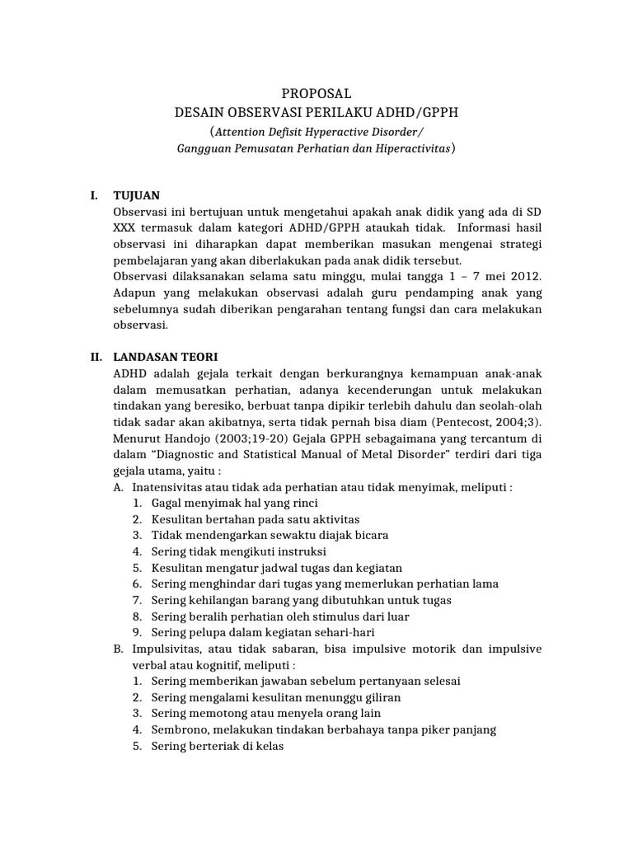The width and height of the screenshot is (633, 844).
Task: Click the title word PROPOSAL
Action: [x=316, y=94]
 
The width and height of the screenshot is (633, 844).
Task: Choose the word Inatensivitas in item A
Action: [x=169, y=486]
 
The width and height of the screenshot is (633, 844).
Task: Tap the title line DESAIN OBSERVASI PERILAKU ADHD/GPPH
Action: [x=316, y=113]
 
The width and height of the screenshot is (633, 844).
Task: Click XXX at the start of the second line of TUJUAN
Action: [x=124, y=227]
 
